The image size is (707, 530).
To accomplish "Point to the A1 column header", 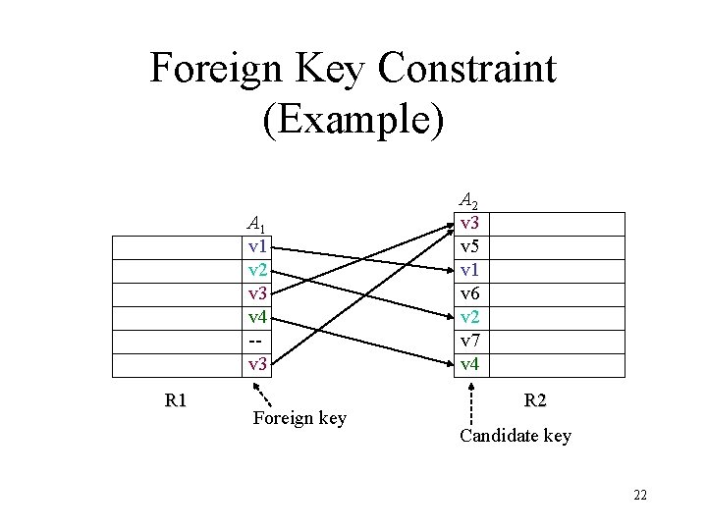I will pyautogui.click(x=258, y=224).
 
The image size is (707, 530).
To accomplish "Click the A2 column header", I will pyautogui.click(x=470, y=200).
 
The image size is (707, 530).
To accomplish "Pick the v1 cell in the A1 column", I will pyautogui.click(x=258, y=246).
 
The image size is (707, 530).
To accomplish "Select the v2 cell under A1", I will pyautogui.click(x=258, y=270).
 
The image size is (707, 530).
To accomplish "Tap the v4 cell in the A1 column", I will pyautogui.click(x=258, y=317).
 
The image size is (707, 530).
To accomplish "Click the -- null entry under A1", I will pyautogui.click(x=257, y=341).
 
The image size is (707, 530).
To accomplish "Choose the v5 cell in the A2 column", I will pyautogui.click(x=470, y=246).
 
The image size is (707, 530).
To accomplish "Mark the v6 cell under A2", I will pyautogui.click(x=470, y=293).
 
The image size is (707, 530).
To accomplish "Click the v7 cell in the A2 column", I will pyautogui.click(x=470, y=341).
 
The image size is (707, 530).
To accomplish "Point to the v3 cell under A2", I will pyautogui.click(x=470, y=223).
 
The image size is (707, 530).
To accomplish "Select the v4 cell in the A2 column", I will pyautogui.click(x=470, y=364).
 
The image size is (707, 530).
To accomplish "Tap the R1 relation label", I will pyautogui.click(x=177, y=400).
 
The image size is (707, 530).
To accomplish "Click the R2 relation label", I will pyautogui.click(x=536, y=400).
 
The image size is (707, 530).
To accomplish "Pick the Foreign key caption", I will pyautogui.click(x=299, y=419).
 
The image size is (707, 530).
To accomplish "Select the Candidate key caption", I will pyautogui.click(x=515, y=436).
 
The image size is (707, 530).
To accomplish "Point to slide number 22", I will pyautogui.click(x=640, y=495).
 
